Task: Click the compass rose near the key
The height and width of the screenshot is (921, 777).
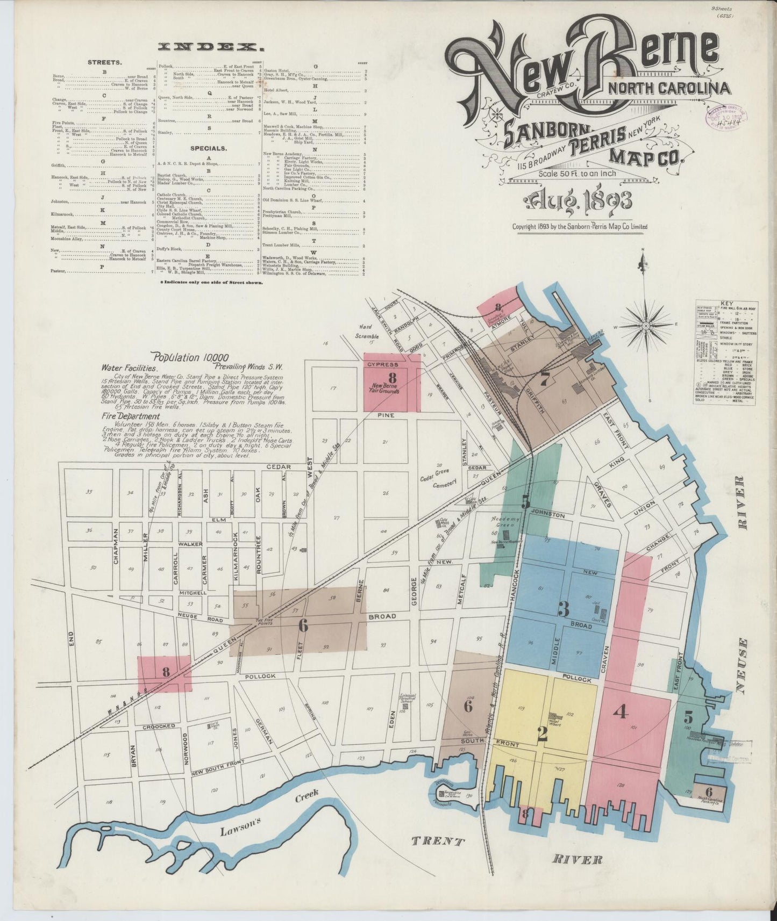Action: coord(645,325)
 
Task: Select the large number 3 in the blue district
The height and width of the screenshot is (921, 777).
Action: coord(563,609)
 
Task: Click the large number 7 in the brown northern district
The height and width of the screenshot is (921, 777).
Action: coord(545,380)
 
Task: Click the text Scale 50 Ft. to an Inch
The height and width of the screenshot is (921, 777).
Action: coord(576,173)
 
